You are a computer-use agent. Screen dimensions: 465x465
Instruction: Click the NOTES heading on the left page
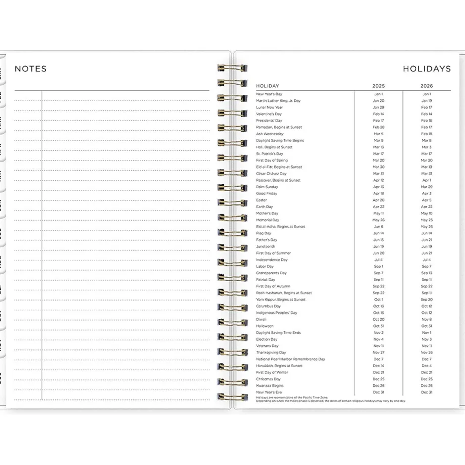(31, 69)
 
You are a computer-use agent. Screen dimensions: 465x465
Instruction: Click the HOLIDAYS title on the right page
(426, 69)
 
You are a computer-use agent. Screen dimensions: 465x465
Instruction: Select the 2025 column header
(378, 86)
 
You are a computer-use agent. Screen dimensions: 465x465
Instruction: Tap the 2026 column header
(426, 86)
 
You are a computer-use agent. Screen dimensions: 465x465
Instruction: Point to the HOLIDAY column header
(268, 86)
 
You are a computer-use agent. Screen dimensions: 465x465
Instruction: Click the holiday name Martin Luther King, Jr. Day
(278, 101)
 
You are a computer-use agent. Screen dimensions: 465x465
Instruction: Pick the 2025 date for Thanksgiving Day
(378, 353)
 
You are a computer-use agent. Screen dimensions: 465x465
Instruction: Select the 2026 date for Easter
(426, 200)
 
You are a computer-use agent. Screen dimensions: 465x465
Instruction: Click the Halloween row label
(265, 326)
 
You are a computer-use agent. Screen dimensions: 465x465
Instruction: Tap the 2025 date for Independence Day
(378, 260)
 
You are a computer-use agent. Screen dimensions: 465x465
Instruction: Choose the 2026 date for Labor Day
(426, 267)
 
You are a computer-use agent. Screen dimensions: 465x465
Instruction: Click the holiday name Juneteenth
(266, 246)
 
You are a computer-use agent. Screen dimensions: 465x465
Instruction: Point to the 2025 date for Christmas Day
(378, 379)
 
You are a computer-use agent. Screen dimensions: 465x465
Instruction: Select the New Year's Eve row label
(269, 392)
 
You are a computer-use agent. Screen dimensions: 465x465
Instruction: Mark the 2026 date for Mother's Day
(426, 214)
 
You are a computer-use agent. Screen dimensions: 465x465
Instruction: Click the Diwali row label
(262, 320)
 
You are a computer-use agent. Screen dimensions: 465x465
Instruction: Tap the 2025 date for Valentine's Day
(378, 114)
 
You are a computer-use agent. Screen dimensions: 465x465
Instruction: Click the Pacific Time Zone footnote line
(292, 397)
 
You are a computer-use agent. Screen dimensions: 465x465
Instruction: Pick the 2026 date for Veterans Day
(426, 346)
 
